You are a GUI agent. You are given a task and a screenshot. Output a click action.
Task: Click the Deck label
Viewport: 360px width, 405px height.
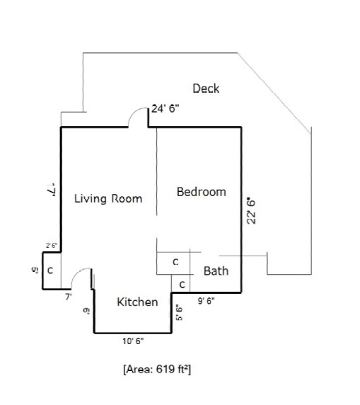(206, 89)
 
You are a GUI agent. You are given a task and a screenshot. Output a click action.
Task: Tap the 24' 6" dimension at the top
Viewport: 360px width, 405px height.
(166, 109)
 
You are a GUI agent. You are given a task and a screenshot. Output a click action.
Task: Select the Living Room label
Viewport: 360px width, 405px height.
(108, 198)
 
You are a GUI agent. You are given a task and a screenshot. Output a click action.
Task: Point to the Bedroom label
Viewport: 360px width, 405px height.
(202, 192)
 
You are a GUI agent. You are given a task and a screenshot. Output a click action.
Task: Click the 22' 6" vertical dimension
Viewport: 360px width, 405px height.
(251, 211)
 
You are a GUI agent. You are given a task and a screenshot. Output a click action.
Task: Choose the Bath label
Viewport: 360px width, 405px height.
(216, 270)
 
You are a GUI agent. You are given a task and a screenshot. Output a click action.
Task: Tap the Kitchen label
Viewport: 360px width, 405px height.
(137, 302)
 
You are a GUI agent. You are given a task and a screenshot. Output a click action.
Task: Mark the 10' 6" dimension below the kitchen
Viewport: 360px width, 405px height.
(133, 341)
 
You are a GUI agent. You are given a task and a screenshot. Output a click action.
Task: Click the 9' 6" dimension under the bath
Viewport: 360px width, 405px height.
(206, 300)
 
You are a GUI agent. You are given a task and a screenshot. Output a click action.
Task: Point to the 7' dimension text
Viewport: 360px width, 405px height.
(69, 297)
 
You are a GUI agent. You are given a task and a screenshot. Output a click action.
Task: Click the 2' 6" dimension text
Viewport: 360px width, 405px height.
(51, 245)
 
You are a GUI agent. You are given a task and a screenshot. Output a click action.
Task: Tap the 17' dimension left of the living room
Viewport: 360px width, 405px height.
(50, 190)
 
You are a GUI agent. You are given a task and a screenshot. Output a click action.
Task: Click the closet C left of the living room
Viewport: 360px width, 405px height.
(50, 270)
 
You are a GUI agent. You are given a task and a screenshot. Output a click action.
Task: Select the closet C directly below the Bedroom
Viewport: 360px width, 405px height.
(175, 262)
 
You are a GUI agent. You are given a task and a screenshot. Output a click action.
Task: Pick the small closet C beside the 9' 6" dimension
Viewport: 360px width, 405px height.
(182, 284)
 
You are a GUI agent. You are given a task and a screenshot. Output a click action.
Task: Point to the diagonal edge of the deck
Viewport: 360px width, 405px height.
(275, 91)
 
